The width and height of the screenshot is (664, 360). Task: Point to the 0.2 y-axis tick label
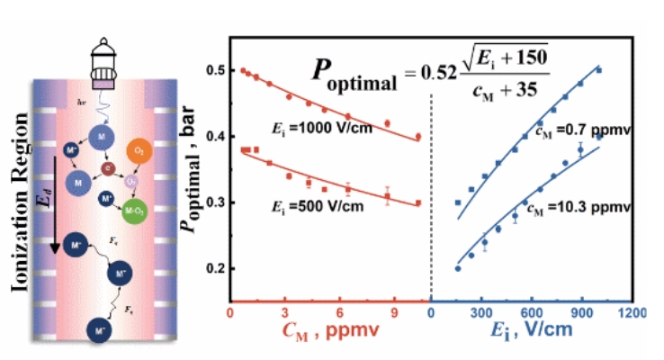[x=211, y=268]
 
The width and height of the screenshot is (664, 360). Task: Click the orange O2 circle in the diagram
[x=138, y=149]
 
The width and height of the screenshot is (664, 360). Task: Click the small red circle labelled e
[x=108, y=166]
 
